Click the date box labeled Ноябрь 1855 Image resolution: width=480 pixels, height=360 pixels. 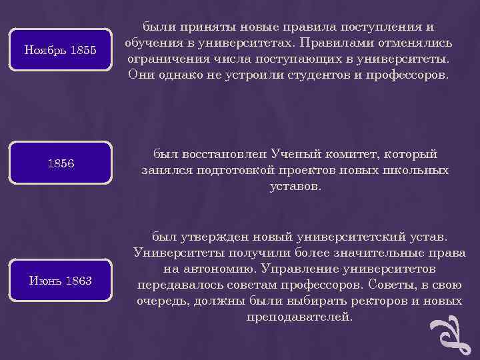60,50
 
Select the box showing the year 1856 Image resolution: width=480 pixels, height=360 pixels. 60,163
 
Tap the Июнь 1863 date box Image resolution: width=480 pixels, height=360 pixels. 60,281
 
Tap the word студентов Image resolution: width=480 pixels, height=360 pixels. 311,75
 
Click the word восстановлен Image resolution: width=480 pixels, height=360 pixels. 215,155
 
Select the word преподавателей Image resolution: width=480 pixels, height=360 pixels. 299,317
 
